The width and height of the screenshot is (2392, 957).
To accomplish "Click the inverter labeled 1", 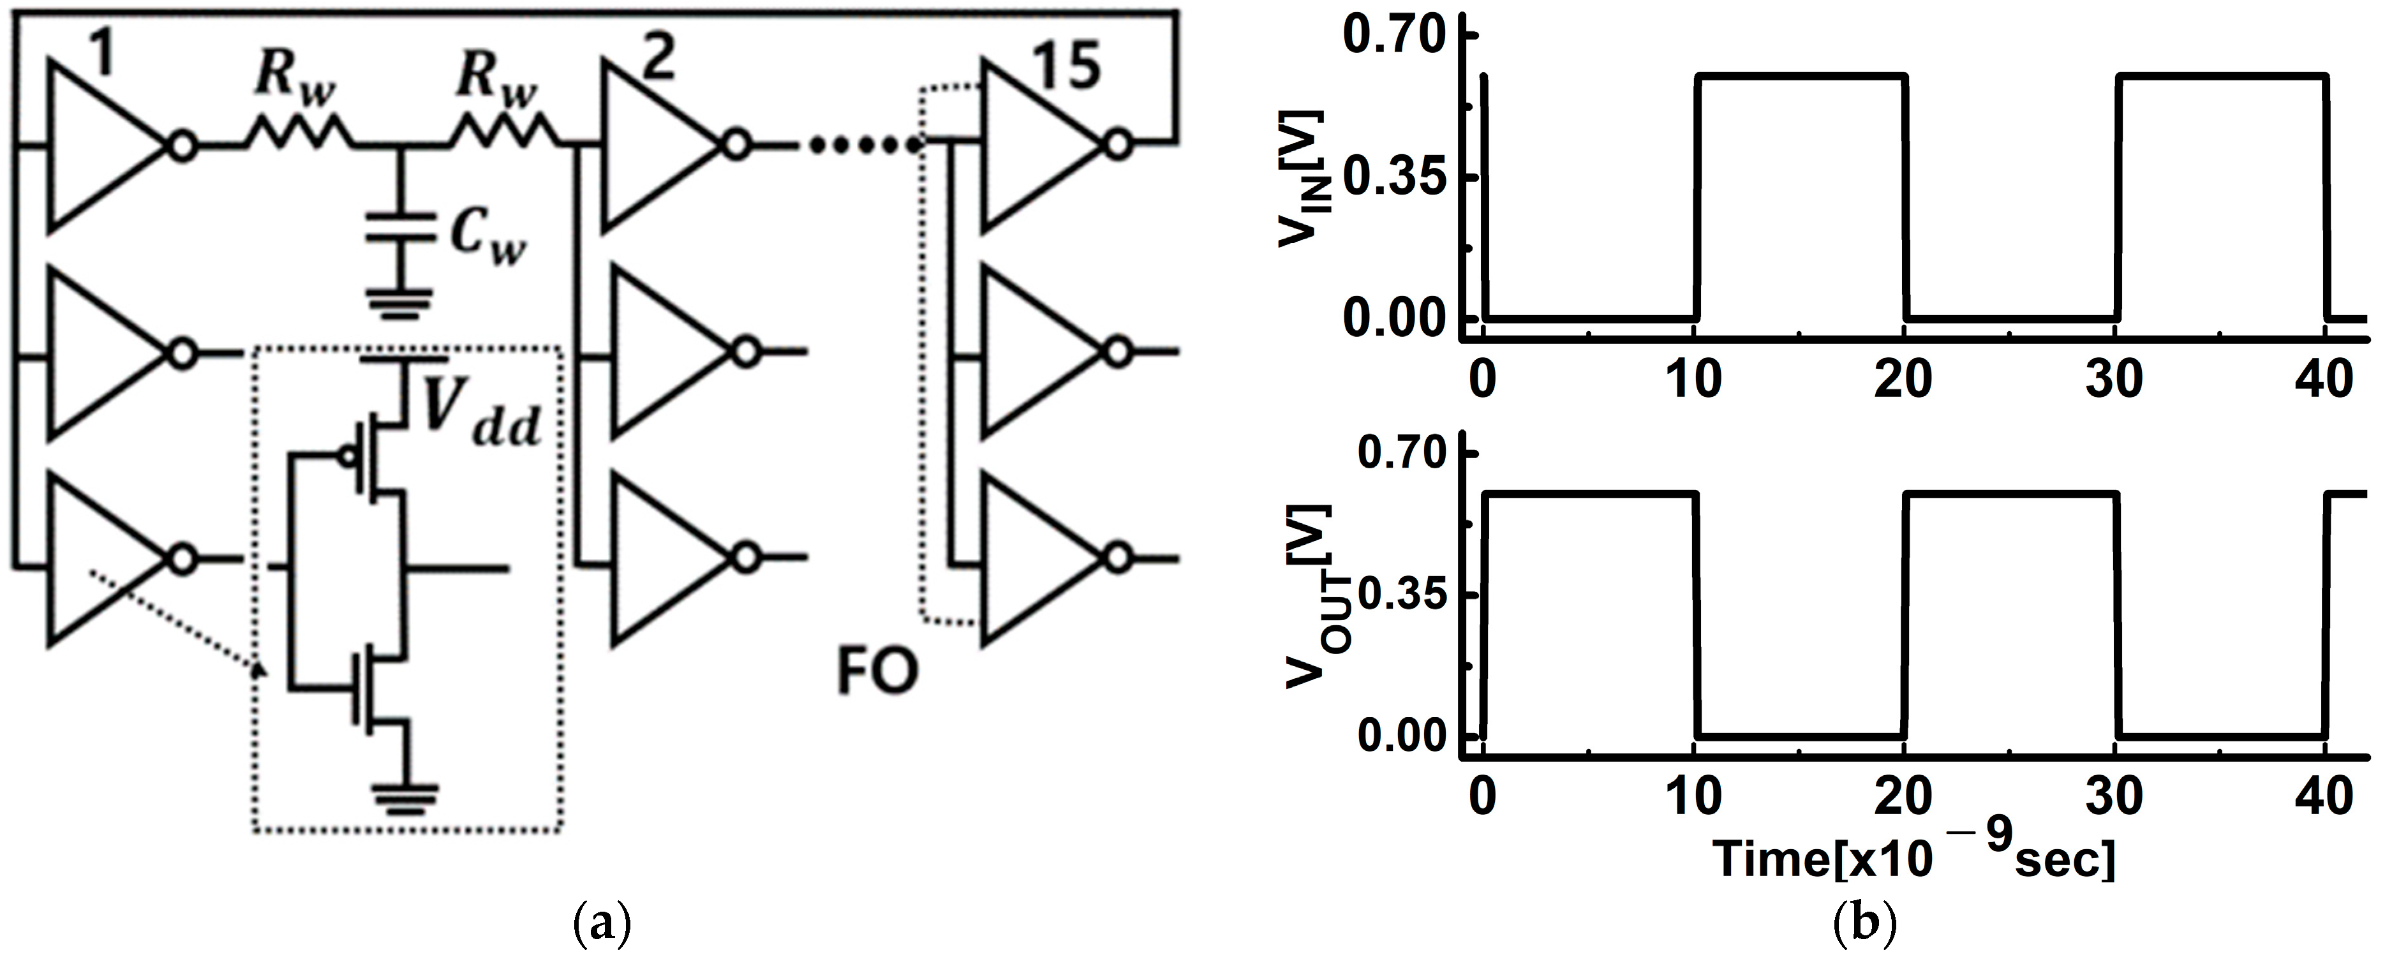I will coord(102,145).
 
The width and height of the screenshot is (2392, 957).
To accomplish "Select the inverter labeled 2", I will coord(655,145).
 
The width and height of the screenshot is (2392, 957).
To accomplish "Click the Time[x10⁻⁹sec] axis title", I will coord(1913,859).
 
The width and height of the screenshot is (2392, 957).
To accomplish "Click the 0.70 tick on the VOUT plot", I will coord(1402,452).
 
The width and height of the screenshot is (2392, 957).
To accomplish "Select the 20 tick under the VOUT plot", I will coord(1903,796).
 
